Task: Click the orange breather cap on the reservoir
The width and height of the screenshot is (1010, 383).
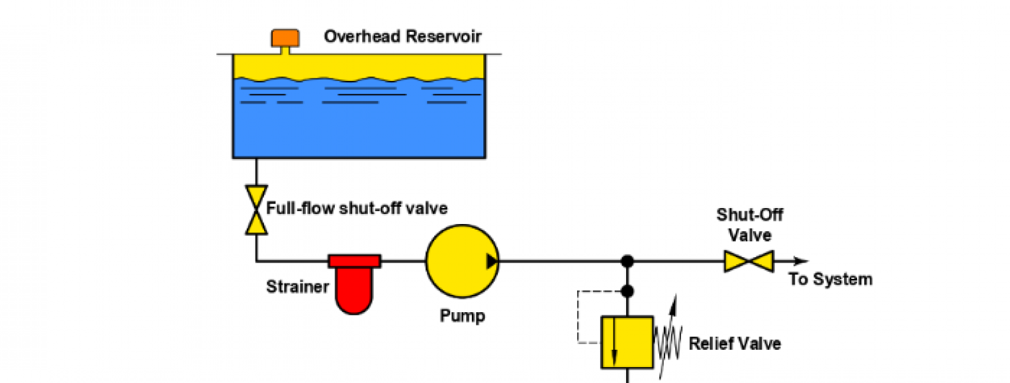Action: pos(285,38)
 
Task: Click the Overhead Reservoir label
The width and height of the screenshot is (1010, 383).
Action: pos(402,36)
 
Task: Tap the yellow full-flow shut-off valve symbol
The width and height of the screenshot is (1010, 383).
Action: pos(256,210)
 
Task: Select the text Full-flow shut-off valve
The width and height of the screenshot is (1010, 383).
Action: pos(356,208)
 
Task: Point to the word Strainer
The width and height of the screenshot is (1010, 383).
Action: pos(297,287)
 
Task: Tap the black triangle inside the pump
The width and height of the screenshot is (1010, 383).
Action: pos(492,261)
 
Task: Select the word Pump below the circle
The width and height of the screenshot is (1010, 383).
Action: pos(462,315)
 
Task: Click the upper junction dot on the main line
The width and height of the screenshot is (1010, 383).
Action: pos(627,261)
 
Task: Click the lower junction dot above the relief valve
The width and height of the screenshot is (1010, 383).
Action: pos(627,292)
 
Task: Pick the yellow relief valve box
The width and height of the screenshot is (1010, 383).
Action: pos(627,343)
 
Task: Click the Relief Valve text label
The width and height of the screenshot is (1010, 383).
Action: pos(735,343)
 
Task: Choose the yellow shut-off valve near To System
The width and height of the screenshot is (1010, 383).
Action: pos(749,261)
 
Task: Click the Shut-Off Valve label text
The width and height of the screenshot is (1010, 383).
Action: pos(749,225)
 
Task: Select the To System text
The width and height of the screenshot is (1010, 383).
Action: pos(830,279)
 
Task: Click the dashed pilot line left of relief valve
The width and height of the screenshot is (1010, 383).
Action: pos(578,317)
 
